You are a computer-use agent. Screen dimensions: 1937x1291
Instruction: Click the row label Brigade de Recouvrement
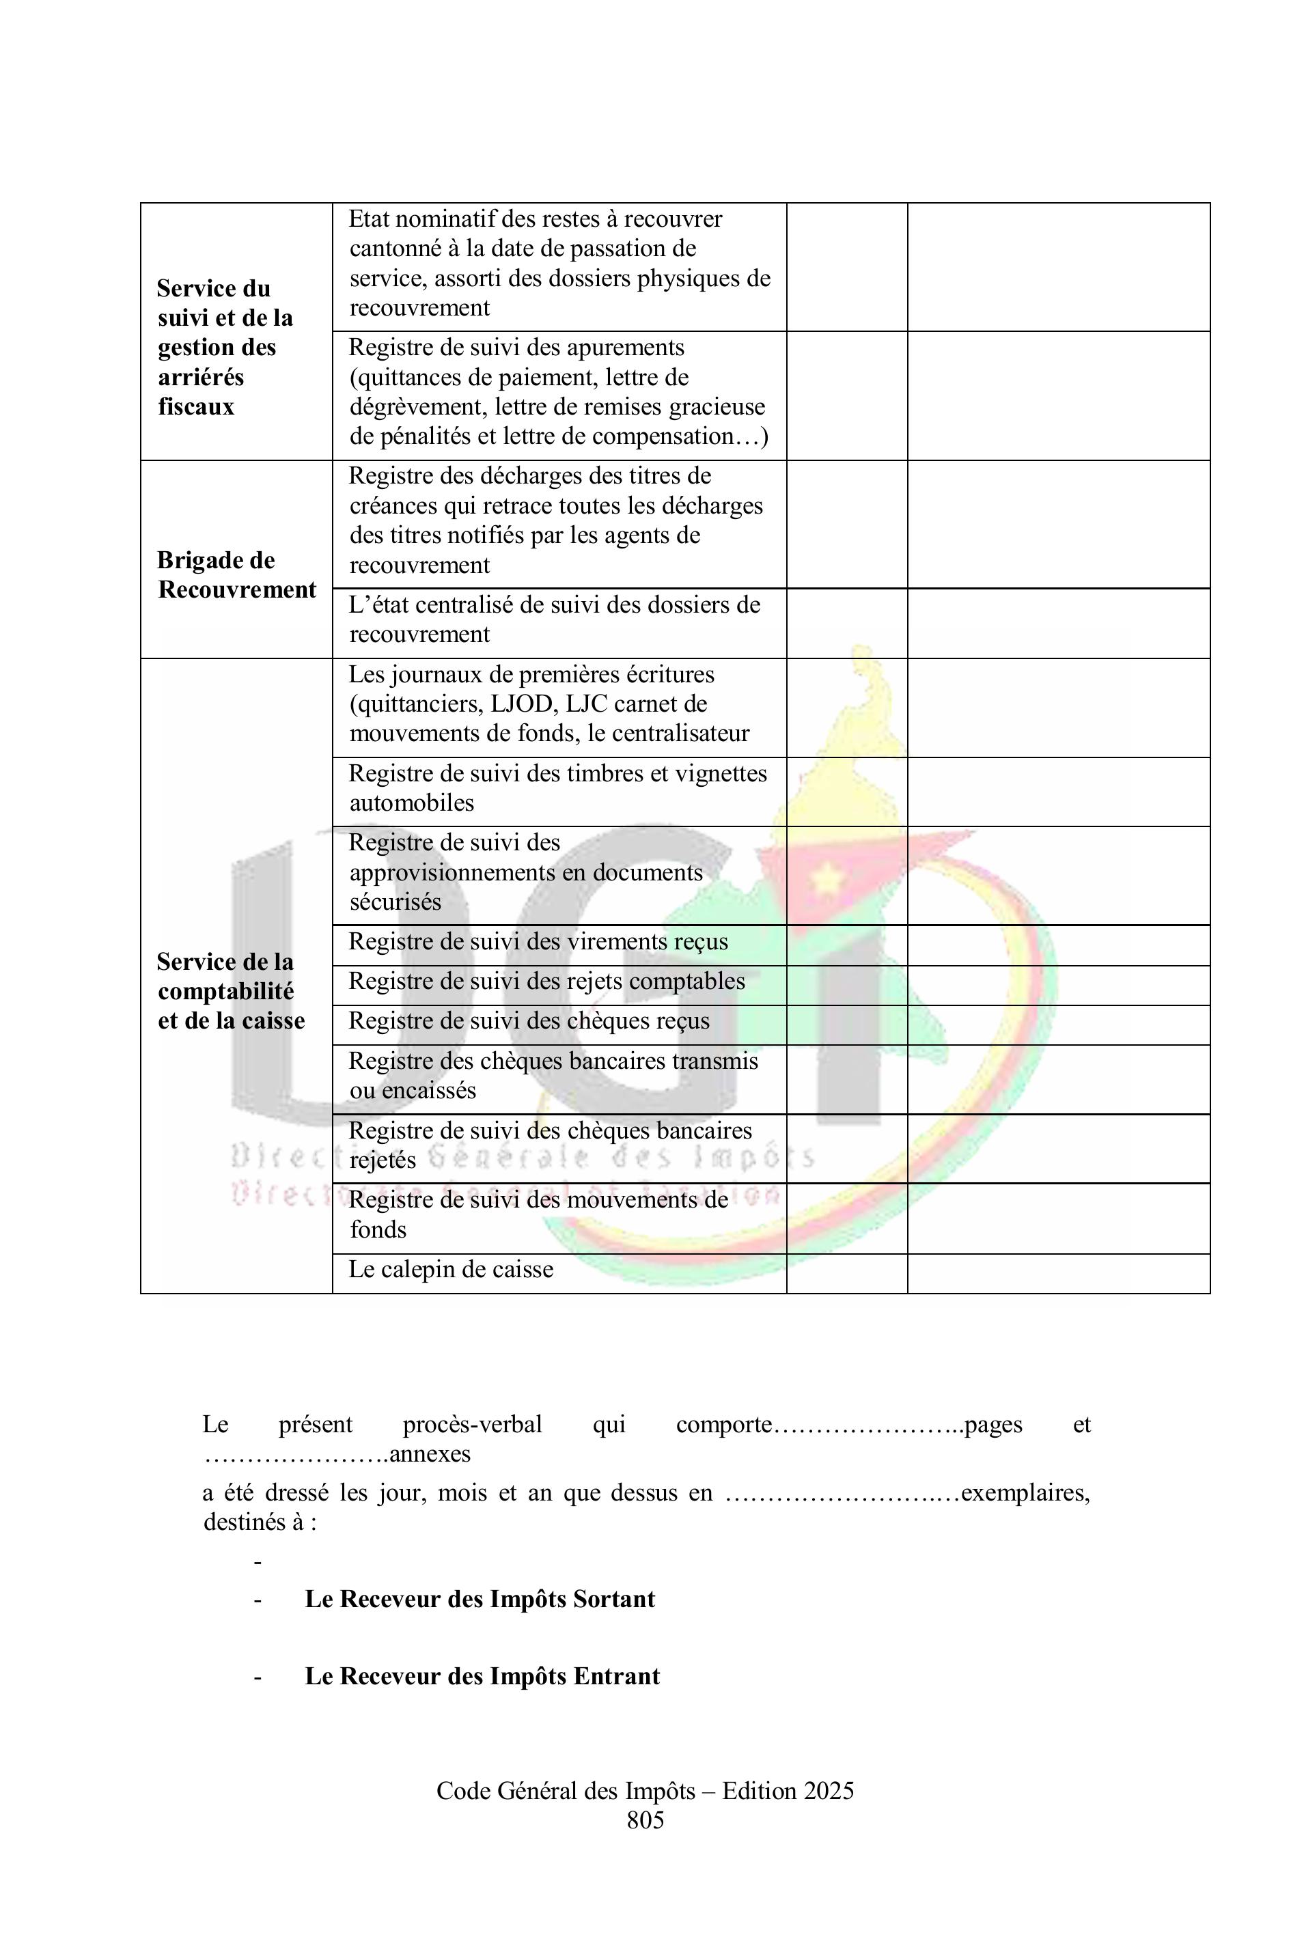click(236, 574)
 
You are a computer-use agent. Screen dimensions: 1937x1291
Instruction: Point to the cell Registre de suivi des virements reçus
click(538, 942)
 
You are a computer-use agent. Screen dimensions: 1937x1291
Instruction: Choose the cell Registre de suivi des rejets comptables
click(546, 981)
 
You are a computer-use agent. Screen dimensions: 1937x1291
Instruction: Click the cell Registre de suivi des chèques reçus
click(529, 1021)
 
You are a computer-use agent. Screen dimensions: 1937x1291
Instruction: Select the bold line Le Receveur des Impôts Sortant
click(480, 1599)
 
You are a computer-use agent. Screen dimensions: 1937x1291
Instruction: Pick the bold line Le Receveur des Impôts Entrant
click(482, 1676)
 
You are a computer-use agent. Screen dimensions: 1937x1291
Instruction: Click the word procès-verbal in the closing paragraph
click(472, 1424)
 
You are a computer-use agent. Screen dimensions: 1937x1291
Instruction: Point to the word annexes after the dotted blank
click(430, 1454)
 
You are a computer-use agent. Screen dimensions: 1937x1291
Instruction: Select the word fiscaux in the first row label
click(196, 406)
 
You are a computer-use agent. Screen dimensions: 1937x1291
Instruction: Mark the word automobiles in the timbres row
click(412, 803)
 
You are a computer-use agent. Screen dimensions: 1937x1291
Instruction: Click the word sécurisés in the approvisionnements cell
click(395, 902)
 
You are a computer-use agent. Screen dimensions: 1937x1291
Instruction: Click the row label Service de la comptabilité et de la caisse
click(232, 991)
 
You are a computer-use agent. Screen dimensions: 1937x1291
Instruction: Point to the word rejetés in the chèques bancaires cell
click(383, 1160)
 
